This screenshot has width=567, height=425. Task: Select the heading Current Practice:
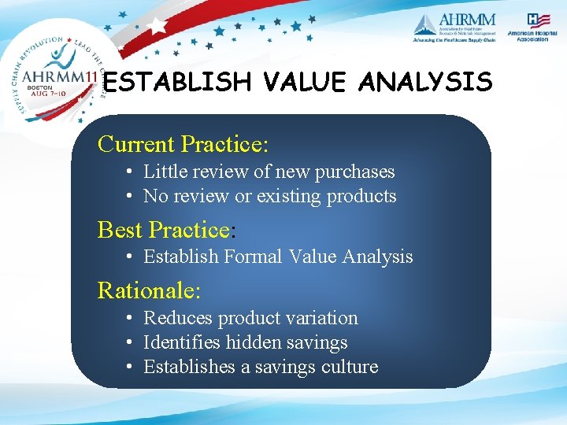pyautogui.click(x=183, y=144)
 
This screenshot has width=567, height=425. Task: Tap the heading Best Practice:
pyautogui.click(x=167, y=230)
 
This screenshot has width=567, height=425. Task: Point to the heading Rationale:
pyautogui.click(x=149, y=290)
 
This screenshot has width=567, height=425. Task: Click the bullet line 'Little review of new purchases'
pyautogui.click(x=269, y=172)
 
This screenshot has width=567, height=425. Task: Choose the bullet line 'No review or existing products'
pyautogui.click(x=269, y=196)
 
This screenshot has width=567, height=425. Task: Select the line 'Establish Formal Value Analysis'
pyautogui.click(x=278, y=257)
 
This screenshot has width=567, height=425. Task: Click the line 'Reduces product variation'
pyautogui.click(x=250, y=318)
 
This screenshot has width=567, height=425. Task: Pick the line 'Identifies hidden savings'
pyautogui.click(x=245, y=342)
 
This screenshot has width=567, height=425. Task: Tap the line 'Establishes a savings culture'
pyautogui.click(x=261, y=367)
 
